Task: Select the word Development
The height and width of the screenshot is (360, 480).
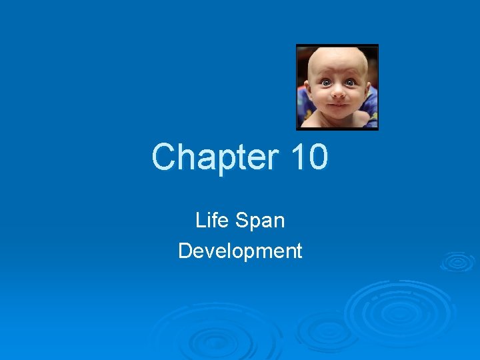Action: [x=240, y=251]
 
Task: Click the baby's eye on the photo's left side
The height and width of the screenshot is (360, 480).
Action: [x=327, y=83]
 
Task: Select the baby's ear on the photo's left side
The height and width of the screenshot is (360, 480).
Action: [x=309, y=88]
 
